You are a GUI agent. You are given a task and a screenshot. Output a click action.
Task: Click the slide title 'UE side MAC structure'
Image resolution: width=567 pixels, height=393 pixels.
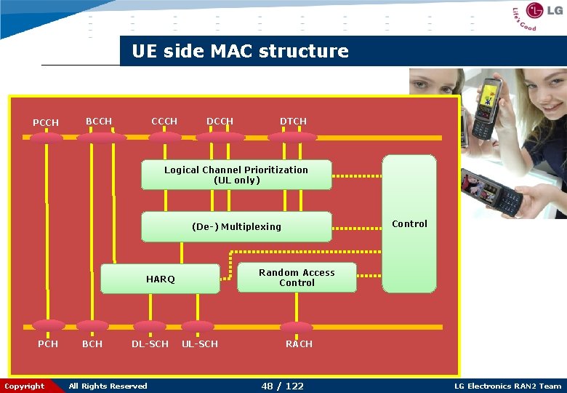click(x=240, y=52)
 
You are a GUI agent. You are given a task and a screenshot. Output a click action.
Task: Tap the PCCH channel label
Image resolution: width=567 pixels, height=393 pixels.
click(x=46, y=122)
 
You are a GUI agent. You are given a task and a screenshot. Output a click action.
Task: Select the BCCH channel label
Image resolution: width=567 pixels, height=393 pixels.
click(x=99, y=122)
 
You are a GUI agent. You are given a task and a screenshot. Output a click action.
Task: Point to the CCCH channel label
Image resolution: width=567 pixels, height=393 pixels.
click(x=164, y=121)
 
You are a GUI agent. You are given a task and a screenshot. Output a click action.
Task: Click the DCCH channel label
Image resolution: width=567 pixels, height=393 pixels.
click(x=220, y=122)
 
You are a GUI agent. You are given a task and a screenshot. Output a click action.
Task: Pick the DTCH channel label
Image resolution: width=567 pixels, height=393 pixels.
click(x=293, y=121)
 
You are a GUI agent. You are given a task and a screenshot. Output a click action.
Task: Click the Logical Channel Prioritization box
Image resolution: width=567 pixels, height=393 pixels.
click(x=236, y=175)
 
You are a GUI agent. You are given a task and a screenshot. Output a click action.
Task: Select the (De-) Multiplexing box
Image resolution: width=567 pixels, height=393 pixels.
click(x=236, y=226)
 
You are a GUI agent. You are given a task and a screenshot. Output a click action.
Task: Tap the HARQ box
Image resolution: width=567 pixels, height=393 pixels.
click(x=160, y=279)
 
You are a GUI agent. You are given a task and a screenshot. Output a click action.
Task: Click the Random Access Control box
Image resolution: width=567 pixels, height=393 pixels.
click(x=297, y=277)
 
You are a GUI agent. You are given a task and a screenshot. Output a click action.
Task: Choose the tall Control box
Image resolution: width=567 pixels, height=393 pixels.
click(x=409, y=223)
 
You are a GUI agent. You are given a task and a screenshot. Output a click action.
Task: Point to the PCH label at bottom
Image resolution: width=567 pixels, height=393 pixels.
click(x=48, y=344)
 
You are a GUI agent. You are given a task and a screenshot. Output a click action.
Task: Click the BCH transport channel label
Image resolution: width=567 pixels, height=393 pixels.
click(x=92, y=344)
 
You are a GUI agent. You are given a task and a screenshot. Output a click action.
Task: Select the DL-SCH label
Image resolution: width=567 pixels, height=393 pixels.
click(x=150, y=344)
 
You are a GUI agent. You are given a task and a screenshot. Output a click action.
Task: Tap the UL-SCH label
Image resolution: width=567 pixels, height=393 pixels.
click(x=199, y=344)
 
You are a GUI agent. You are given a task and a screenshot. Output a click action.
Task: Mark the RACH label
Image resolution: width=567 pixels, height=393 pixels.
click(x=298, y=344)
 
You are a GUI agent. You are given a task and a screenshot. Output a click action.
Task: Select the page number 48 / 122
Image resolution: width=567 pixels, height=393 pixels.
click(x=282, y=386)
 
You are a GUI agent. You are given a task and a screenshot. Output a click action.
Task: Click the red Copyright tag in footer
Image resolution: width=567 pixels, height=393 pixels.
click(x=25, y=386)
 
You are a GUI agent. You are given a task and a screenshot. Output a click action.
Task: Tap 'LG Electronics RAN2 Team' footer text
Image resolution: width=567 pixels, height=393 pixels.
click(x=507, y=386)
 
